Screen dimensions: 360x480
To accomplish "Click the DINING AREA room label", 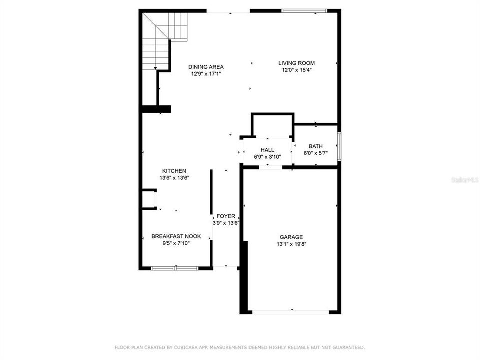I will click(206, 67).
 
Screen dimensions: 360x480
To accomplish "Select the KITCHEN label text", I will click(173, 171).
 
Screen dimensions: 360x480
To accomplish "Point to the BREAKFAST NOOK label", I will click(176, 236).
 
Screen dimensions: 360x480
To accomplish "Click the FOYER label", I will click(226, 216).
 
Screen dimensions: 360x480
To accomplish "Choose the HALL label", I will click(267, 150).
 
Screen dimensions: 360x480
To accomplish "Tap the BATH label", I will click(315, 146).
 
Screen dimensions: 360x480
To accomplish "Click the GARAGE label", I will click(291, 237).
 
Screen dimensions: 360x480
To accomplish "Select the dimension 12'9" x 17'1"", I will click(206, 74).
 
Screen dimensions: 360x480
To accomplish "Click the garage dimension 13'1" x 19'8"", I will click(291, 244).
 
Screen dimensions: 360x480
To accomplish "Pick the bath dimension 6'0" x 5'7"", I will click(315, 153).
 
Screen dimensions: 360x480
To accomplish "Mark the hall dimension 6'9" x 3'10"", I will click(267, 157).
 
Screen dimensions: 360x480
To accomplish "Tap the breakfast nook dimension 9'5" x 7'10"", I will click(176, 243).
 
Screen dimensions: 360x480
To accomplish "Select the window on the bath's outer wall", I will click(339, 146).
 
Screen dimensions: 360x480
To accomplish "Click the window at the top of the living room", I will click(304, 10).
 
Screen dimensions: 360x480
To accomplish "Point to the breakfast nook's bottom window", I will click(175, 268).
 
